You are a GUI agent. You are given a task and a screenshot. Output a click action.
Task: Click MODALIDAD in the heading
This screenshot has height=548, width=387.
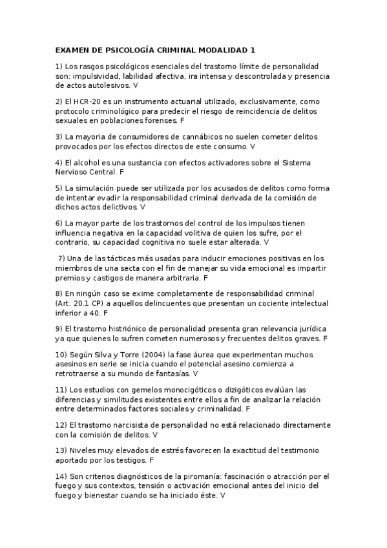pos(217,50)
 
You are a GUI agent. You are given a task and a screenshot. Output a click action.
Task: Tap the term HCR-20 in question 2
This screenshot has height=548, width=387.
pos(85,102)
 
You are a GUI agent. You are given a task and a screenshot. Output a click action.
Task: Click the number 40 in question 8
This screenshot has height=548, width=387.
pos(96,311)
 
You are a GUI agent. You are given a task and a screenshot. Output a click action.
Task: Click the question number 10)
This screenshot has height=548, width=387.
pos(63,355)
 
